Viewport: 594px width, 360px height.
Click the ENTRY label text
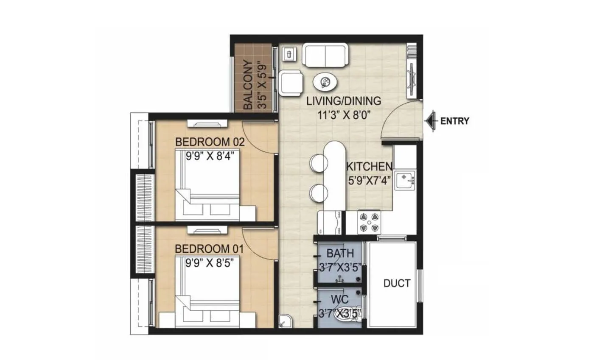click(455, 121)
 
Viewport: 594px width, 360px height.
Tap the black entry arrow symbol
click(431, 121)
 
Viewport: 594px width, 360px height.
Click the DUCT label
click(397, 283)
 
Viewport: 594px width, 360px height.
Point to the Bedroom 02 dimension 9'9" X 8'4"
click(210, 155)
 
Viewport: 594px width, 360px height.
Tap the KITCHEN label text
click(369, 166)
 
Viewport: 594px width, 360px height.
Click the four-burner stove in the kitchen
click(368, 222)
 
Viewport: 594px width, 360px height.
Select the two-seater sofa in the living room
click(325, 55)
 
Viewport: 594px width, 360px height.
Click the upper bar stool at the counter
click(318, 163)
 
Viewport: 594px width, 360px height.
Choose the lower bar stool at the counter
click(318, 193)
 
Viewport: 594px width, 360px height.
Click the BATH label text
click(340, 254)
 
